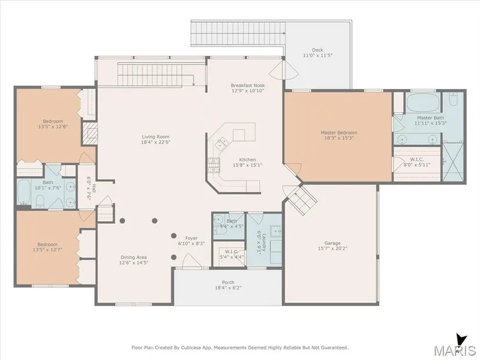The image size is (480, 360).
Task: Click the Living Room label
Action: coord(155,137)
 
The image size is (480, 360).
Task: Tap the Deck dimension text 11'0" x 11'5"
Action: coord(318,55)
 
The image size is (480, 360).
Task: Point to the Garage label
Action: coord(332,243)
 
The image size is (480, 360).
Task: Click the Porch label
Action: coord(228,282)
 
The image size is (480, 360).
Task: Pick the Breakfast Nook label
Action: coord(248,85)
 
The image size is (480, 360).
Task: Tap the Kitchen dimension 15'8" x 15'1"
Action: coord(247,165)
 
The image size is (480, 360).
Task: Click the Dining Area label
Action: coord(133,258)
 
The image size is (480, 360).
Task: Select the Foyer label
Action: coord(191,238)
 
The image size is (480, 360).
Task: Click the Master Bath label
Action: coord(431,118)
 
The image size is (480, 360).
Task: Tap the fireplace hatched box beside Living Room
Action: coord(90,133)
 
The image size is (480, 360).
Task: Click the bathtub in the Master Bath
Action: coord(424,102)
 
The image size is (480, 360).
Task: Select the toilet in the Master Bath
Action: coord(454,98)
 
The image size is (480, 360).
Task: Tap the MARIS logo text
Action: coord(454,350)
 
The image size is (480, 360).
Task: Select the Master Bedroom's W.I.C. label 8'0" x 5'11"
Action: coord(417,162)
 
